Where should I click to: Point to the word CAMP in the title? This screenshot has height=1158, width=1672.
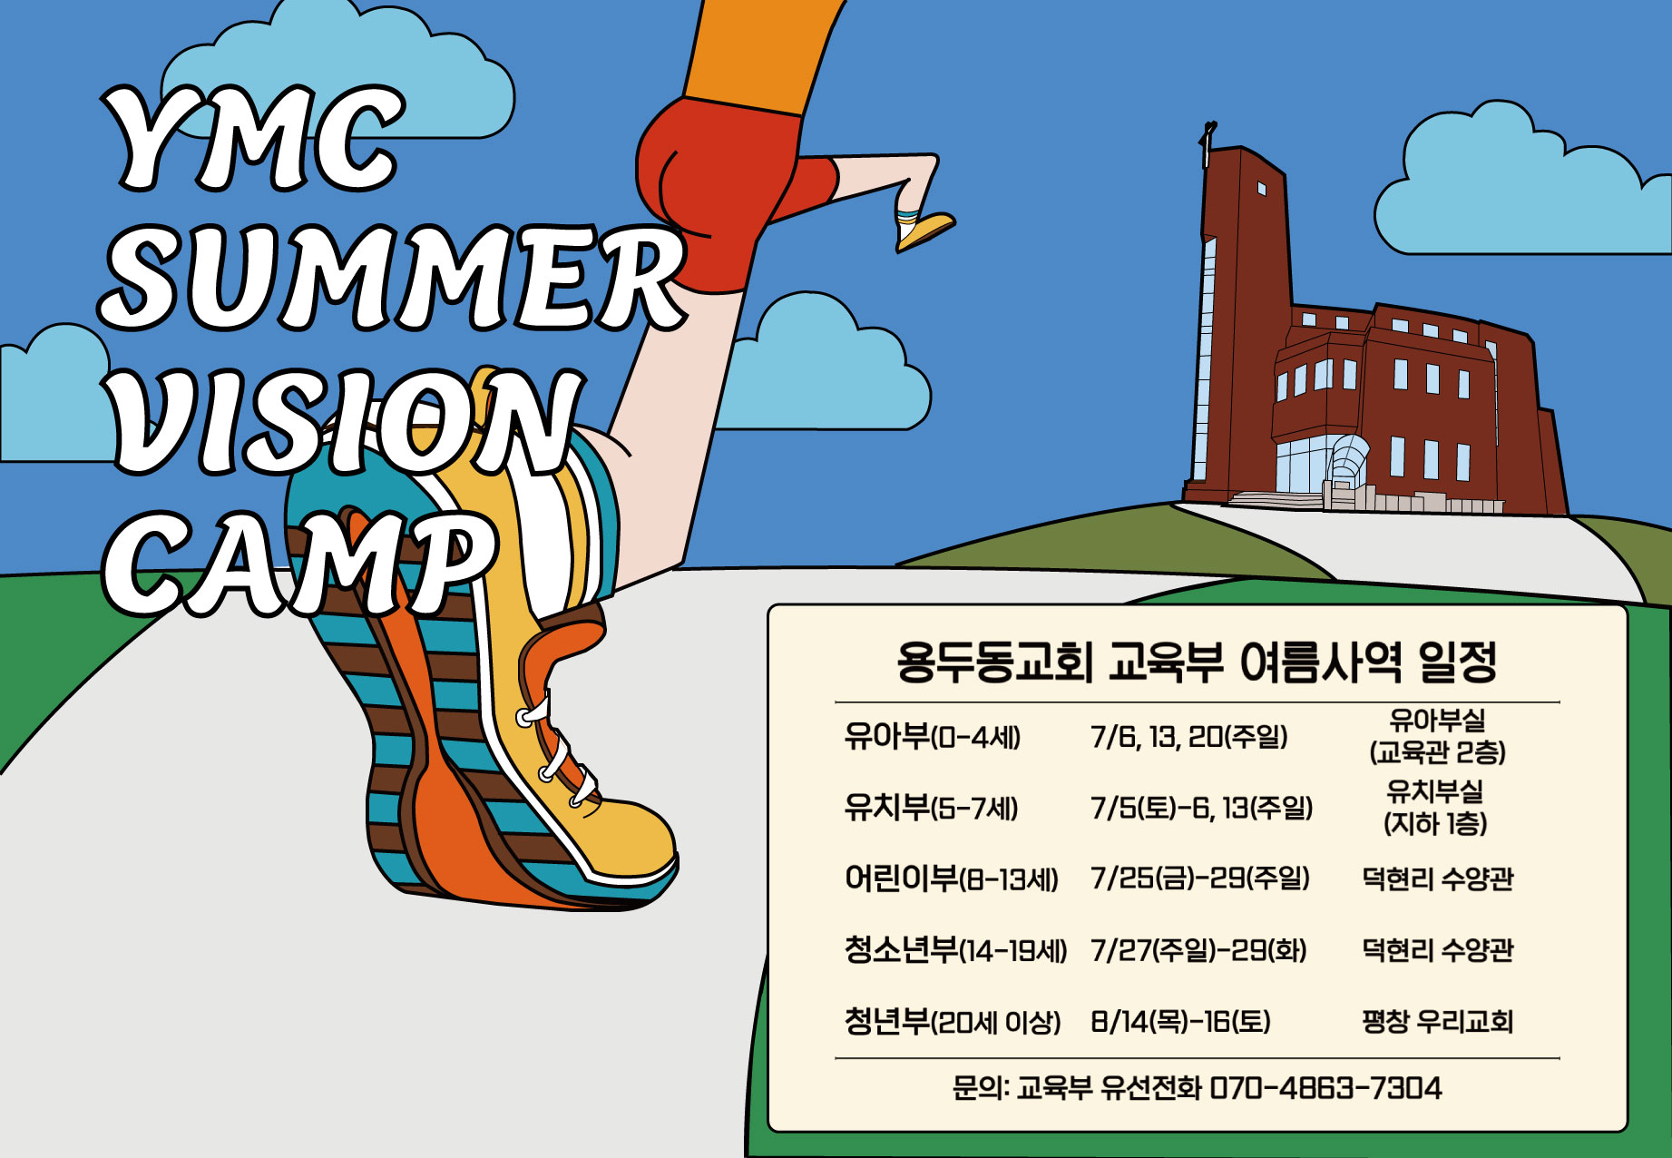(x=299, y=564)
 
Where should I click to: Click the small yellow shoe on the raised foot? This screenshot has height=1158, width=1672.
(x=925, y=231)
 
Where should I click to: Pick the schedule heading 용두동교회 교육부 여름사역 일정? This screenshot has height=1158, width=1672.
(x=1197, y=662)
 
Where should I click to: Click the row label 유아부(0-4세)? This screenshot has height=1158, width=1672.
(x=932, y=736)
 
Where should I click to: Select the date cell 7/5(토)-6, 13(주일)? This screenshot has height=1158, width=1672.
(x=1201, y=807)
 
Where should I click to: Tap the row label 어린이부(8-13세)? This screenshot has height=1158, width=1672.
(x=951, y=878)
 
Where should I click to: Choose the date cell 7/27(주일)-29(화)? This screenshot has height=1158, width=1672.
(x=1198, y=950)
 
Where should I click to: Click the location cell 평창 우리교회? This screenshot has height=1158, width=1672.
(x=1437, y=1022)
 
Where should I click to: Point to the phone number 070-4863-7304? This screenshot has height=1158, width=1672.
(x=1325, y=1087)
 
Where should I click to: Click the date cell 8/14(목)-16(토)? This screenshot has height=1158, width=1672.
(x=1180, y=1022)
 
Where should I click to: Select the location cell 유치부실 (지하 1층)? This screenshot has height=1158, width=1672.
(x=1435, y=807)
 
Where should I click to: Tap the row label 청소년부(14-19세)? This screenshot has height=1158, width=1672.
(x=955, y=950)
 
